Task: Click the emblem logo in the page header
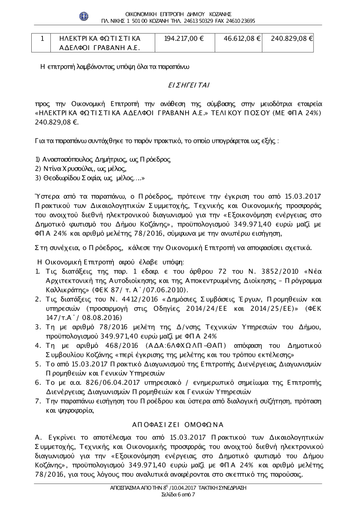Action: [x=84, y=17]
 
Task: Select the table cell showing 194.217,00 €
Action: [x=184, y=38]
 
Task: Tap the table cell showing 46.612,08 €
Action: [x=242, y=38]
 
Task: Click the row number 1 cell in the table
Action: [x=42, y=38]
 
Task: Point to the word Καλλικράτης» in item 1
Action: [x=68, y=290]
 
